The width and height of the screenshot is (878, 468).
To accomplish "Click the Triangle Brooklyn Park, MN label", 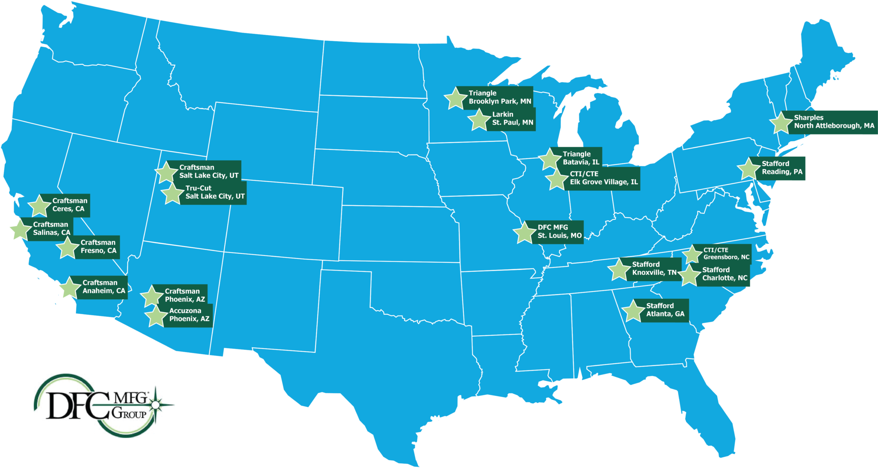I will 499,97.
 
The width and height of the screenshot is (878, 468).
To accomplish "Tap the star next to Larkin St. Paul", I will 479,120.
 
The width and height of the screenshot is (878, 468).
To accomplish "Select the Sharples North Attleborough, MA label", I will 833,122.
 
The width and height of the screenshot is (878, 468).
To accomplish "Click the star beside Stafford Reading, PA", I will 749,169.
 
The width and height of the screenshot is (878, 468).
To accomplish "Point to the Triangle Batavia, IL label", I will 580,158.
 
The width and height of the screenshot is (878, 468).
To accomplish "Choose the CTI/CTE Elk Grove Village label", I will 604,178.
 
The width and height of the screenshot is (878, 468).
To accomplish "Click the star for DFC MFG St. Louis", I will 524,233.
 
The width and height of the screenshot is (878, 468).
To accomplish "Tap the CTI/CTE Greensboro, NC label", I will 726,253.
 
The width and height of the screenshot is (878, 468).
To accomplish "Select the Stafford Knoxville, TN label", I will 654,269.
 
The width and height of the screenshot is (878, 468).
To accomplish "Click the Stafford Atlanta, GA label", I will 665,310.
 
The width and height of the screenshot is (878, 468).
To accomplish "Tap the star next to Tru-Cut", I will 172,194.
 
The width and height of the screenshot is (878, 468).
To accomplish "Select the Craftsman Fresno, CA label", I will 98,247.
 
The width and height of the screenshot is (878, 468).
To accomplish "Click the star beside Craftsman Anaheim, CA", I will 70,287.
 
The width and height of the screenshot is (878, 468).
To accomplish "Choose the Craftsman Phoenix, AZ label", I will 185,295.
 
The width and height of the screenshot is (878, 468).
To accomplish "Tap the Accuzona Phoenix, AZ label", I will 189,315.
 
